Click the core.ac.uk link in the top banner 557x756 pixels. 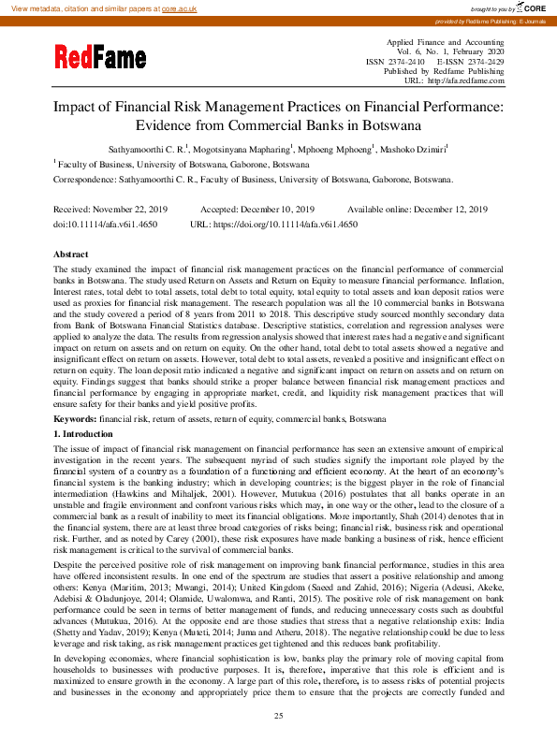(180, 7)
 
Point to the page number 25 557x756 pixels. (278, 716)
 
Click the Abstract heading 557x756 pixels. (71, 254)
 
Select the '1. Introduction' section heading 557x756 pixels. (85, 436)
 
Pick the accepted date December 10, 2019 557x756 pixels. (274, 210)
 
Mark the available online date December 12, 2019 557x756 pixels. (447, 210)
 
